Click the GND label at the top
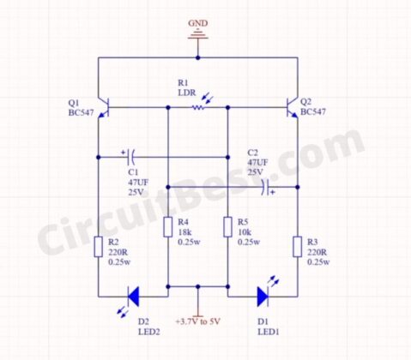coord(198,24)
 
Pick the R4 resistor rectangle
coord(167,227)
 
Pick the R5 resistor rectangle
coord(227,227)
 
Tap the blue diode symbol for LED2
coord(133,297)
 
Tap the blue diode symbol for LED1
coord(263,297)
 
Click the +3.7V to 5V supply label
coord(198,321)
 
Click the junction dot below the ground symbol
coord(198,58)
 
